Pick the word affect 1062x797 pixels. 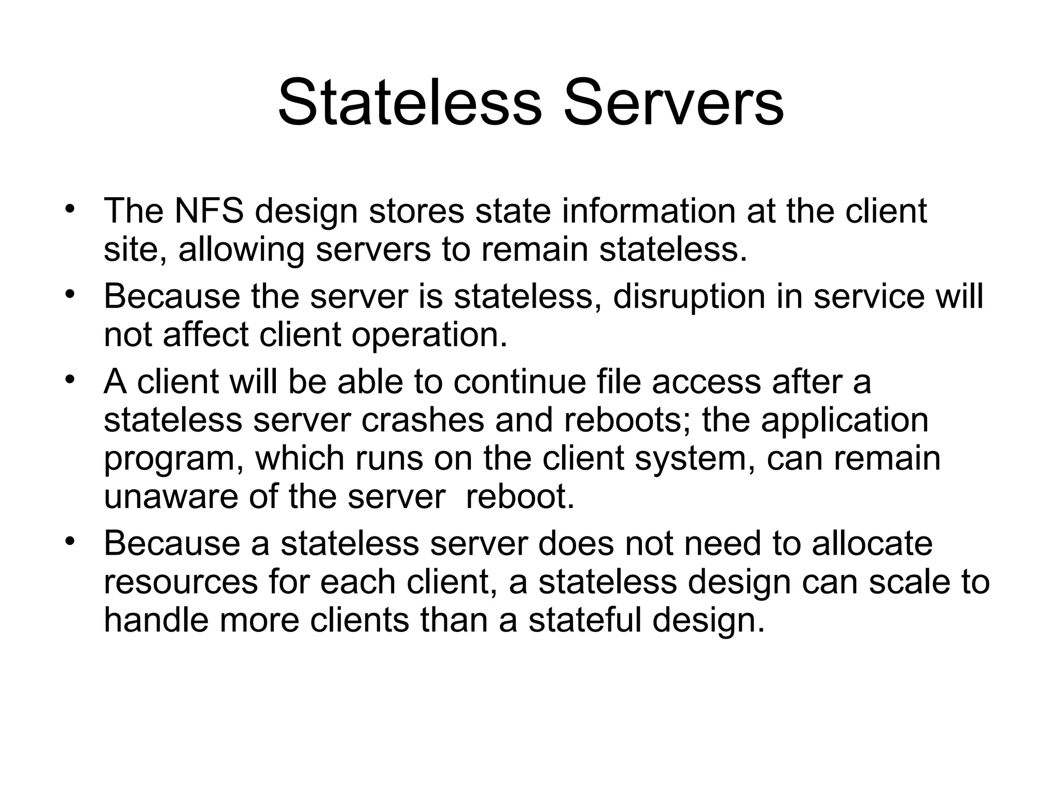(x=206, y=335)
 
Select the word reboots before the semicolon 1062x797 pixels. (x=622, y=420)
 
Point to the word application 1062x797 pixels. (x=844, y=421)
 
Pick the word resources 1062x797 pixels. (x=180, y=582)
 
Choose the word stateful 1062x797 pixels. (x=585, y=620)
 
